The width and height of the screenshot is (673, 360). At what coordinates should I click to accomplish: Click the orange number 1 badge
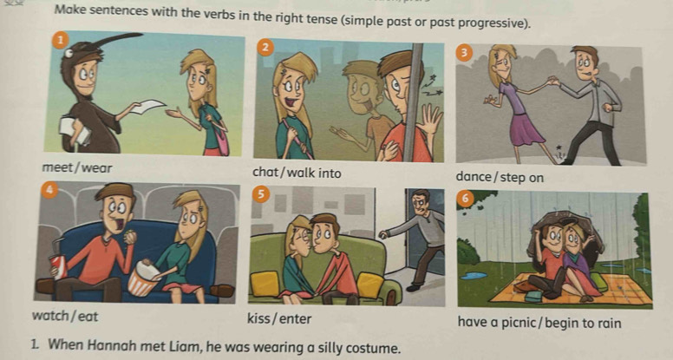point(61,40)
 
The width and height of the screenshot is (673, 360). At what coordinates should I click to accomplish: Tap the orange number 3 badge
point(463,53)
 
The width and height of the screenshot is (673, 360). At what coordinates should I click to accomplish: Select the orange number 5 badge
point(260,195)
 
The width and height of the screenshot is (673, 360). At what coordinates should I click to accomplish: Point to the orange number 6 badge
point(465,198)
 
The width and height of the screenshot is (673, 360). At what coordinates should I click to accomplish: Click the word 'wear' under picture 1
point(96,167)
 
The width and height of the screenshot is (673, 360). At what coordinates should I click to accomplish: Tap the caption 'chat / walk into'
point(297,173)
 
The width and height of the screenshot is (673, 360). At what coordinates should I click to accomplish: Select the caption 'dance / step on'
point(500,177)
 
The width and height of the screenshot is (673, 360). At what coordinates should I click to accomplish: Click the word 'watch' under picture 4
point(50,317)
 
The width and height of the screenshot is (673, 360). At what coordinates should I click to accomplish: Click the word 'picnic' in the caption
point(519,322)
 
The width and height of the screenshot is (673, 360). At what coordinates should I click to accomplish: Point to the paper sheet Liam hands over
point(147,106)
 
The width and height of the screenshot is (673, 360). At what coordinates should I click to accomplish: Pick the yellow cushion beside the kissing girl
point(265,284)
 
